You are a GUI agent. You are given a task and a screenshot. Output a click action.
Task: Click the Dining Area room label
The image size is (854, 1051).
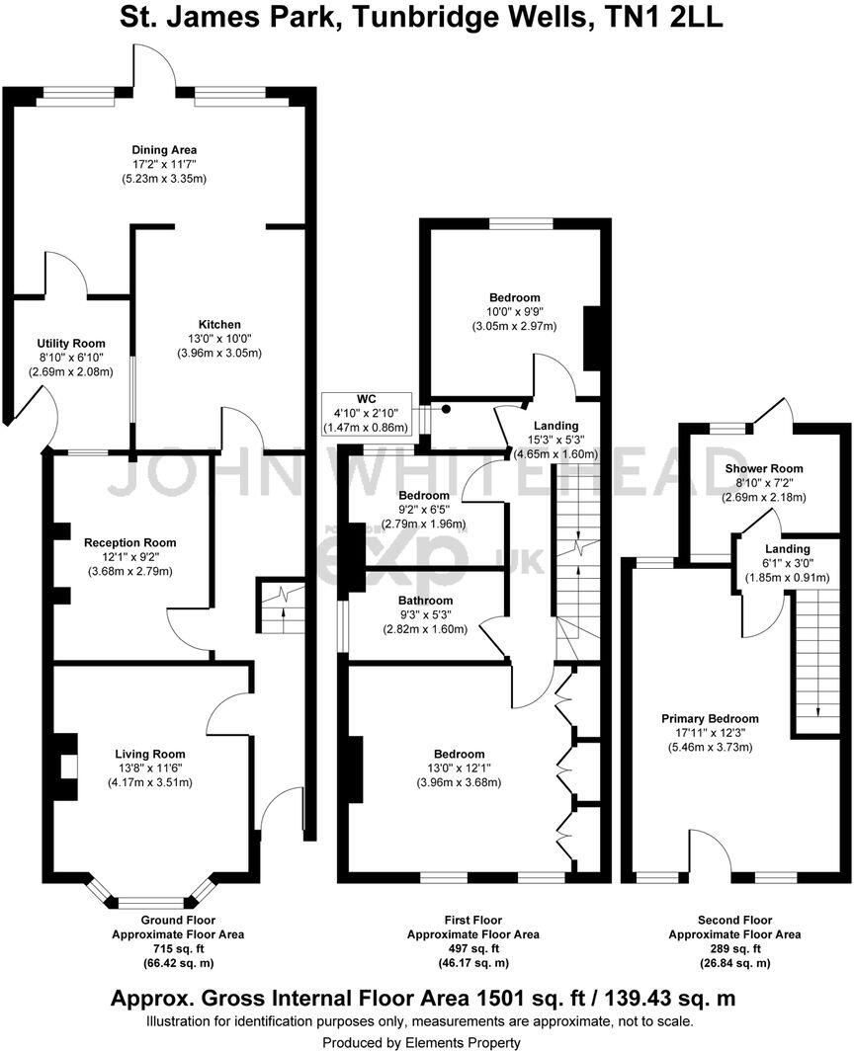coord(163,150)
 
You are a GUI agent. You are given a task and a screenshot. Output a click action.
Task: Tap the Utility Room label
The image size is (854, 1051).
coord(71,344)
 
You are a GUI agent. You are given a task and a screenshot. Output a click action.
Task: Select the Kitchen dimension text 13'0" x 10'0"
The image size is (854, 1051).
coord(219,339)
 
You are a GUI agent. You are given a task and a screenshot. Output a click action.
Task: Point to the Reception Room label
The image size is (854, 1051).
coord(129,542)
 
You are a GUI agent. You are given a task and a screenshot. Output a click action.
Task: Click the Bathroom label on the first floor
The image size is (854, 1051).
coord(425,601)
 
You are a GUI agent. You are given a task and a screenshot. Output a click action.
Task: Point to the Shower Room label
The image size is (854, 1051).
coord(763,468)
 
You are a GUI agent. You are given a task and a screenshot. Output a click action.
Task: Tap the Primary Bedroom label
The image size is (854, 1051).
coord(710,718)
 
